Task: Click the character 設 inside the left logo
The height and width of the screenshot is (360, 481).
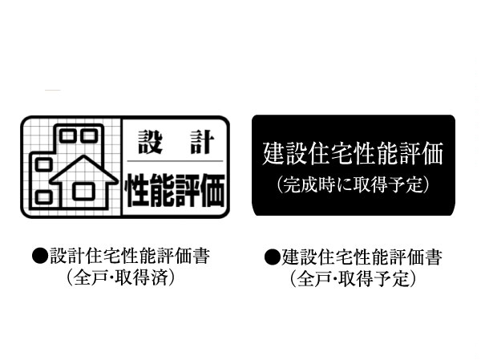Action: (x=148, y=143)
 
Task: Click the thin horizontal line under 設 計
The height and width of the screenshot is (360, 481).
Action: (x=174, y=164)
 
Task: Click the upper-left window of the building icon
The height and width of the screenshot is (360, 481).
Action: (x=67, y=135)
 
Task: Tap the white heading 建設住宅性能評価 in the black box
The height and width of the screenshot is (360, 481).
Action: (x=353, y=152)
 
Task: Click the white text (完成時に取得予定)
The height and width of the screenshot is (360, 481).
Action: (x=353, y=185)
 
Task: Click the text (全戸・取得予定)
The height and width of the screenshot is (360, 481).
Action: (x=353, y=280)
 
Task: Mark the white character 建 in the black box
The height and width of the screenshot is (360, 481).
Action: (x=274, y=152)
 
